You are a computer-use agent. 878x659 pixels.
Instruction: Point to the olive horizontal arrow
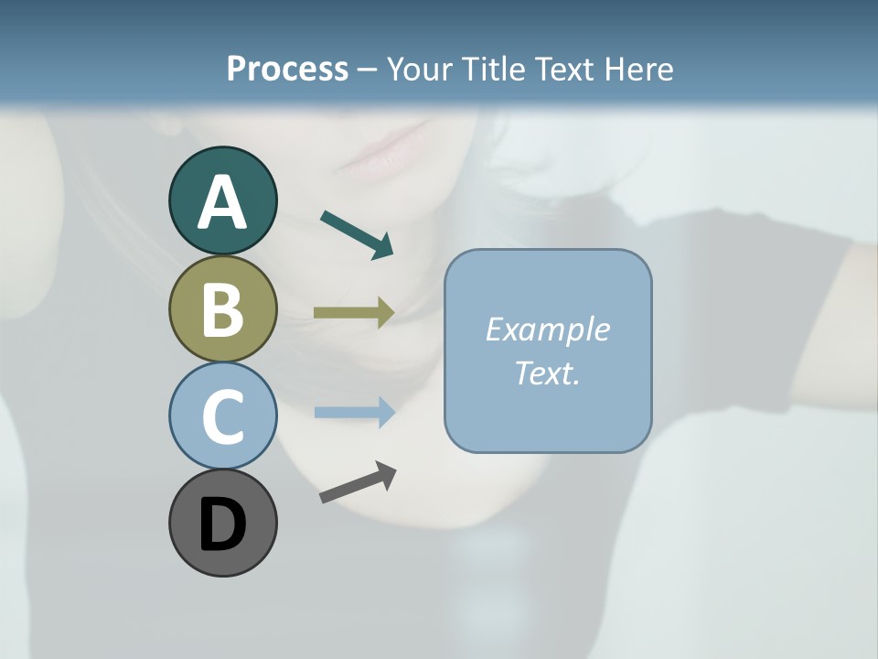[x=354, y=312]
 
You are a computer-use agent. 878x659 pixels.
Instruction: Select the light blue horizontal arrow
[x=354, y=412]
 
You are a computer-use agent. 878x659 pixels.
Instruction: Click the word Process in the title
[x=287, y=69]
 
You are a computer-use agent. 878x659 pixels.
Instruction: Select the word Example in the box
[x=547, y=329]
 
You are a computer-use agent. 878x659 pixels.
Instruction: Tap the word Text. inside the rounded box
[x=547, y=373]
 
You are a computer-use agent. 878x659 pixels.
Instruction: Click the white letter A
[x=222, y=203]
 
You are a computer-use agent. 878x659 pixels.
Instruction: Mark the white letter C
[x=222, y=417]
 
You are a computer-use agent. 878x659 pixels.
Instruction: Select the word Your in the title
[x=417, y=69]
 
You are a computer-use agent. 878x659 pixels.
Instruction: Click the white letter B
[x=222, y=310]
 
